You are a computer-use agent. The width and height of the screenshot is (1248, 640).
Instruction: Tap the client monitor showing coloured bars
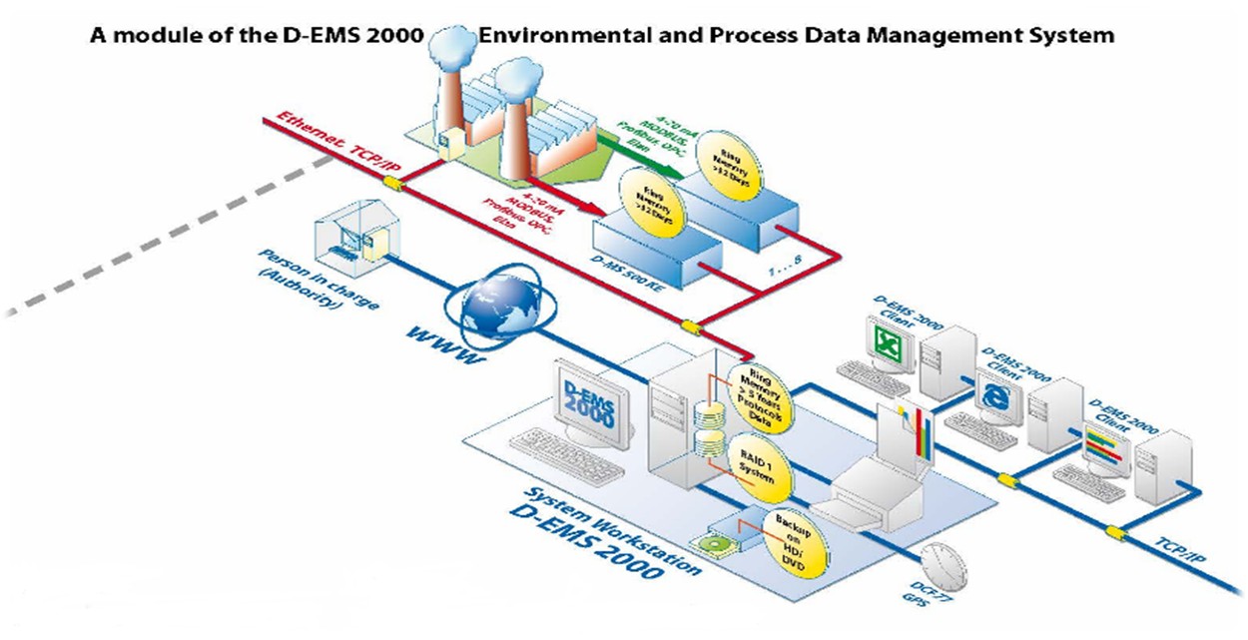(x=1102, y=442)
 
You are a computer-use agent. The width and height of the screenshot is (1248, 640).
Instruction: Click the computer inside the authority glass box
(x=348, y=240)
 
